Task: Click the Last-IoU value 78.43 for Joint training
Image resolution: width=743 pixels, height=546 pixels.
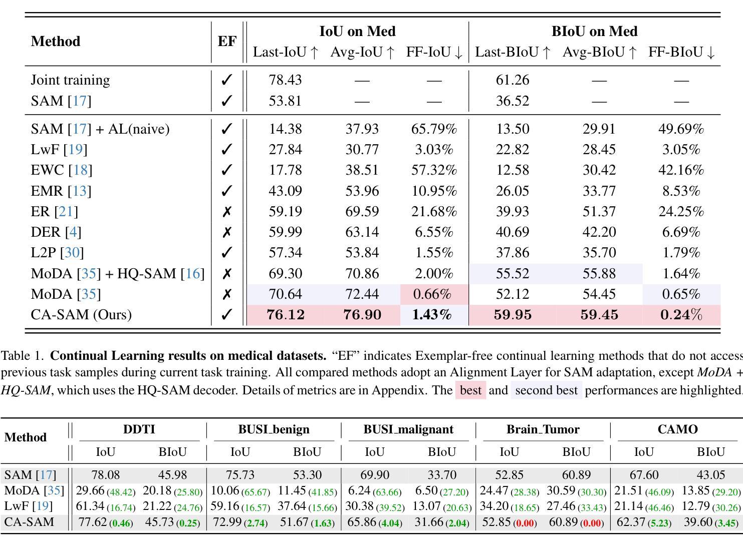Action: pyautogui.click(x=285, y=80)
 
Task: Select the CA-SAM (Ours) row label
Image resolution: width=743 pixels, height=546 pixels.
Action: pyautogui.click(x=81, y=315)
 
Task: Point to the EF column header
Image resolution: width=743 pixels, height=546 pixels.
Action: pyautogui.click(x=227, y=41)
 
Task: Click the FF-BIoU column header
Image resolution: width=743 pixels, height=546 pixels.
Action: pyautogui.click(x=681, y=52)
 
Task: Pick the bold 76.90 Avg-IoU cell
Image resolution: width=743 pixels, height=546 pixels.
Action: pyautogui.click(x=362, y=315)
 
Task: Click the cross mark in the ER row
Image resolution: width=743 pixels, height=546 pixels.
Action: pyautogui.click(x=227, y=212)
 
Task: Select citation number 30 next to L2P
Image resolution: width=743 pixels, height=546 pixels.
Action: pyautogui.click(x=72, y=253)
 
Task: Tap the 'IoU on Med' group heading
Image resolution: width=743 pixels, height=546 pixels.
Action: pyautogui.click(x=358, y=31)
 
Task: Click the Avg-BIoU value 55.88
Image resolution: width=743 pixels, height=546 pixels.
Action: pyautogui.click(x=599, y=274)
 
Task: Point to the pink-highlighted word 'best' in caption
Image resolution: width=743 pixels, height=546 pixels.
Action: pyautogui.click(x=470, y=390)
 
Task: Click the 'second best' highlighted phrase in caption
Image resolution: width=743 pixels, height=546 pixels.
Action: pyautogui.click(x=546, y=390)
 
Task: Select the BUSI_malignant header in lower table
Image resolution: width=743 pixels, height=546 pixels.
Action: pyautogui.click(x=408, y=429)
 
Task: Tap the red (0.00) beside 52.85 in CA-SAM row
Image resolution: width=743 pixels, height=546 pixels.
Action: pyautogui.click(x=525, y=523)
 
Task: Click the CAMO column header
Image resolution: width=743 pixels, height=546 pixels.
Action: pyautogui.click(x=677, y=429)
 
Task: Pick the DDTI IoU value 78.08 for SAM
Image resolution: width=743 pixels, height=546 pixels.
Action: pyautogui.click(x=106, y=475)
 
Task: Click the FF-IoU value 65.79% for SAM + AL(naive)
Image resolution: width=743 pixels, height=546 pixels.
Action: pyautogui.click(x=434, y=129)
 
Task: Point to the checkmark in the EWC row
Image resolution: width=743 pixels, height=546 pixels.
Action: pyautogui.click(x=227, y=170)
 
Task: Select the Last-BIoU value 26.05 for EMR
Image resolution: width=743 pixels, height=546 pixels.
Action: pyautogui.click(x=512, y=191)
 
